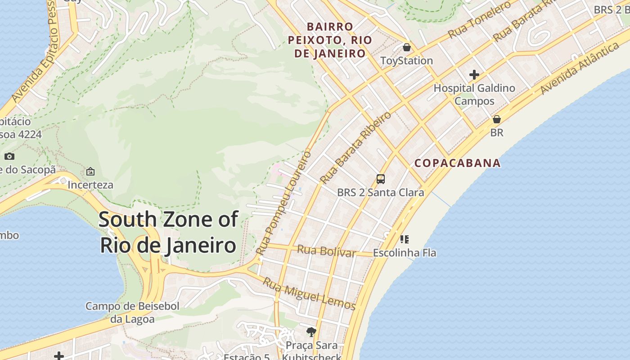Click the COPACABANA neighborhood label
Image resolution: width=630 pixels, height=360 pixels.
tap(457, 163)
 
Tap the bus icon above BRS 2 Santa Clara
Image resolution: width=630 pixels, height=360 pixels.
tap(381, 179)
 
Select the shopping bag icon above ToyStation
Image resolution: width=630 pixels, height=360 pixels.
tap(407, 47)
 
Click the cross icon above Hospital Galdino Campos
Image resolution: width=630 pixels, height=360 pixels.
tap(474, 75)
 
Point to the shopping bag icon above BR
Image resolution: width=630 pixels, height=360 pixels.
tap(497, 119)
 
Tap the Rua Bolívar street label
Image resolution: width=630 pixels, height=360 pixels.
tap(327, 251)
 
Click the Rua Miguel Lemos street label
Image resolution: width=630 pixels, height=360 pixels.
tap(309, 294)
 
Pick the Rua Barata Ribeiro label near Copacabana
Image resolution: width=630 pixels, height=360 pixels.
tap(355, 148)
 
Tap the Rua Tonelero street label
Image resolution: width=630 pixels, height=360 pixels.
tap(480, 20)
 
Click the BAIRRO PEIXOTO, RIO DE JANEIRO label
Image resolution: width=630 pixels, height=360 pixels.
tap(330, 40)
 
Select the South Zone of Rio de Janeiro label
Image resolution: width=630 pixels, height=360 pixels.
tap(168, 232)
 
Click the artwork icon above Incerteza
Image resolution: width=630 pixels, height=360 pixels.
tap(90, 171)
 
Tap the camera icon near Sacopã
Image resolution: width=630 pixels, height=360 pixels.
tap(9, 157)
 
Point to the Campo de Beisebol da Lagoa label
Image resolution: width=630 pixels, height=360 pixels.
tap(132, 313)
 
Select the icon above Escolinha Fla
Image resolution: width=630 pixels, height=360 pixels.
tap(404, 239)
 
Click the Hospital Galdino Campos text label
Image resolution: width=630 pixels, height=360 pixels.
tap(474, 94)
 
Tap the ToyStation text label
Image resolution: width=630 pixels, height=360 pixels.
tap(406, 61)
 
